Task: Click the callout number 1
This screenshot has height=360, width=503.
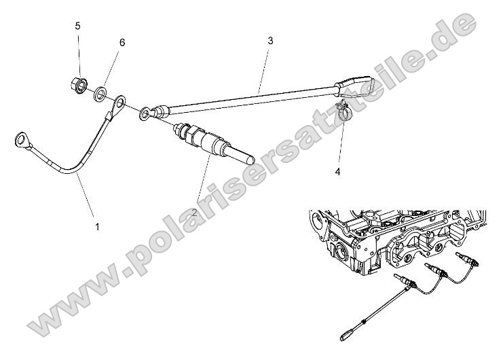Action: pos(97,227)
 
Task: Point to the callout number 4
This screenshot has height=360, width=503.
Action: pos(337,172)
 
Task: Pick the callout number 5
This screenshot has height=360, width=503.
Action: pos(78,26)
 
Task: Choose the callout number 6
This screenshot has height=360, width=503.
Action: pos(122,42)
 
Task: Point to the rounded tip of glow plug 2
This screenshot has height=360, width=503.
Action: pos(248,162)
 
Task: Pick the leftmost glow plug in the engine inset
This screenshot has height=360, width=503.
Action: pos(403,281)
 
